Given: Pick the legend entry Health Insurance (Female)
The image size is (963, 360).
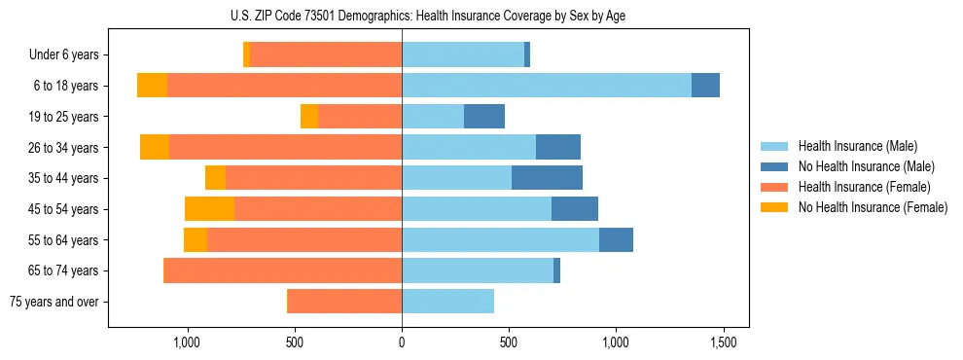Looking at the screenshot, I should [x=865, y=187].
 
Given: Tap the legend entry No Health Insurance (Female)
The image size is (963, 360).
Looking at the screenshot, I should [x=873, y=207].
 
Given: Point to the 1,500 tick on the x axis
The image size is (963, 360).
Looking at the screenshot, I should [x=722, y=342].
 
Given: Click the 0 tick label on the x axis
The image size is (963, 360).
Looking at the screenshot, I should [x=402, y=342].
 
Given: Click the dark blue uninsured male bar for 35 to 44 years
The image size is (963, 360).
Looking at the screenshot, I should [x=547, y=178].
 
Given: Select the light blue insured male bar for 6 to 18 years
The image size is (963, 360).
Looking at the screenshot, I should [x=546, y=86].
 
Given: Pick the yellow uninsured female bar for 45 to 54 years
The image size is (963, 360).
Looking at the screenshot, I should [x=209, y=209].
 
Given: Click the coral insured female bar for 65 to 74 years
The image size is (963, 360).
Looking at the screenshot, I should [x=282, y=270].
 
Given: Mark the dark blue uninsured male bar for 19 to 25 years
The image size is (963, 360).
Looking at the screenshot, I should [x=484, y=117].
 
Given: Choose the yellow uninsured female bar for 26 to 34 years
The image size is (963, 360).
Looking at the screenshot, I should [x=155, y=147].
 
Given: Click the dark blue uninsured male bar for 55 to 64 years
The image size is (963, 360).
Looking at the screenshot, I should [x=616, y=239].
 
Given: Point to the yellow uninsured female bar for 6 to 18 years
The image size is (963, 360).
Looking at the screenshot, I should [x=152, y=86].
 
